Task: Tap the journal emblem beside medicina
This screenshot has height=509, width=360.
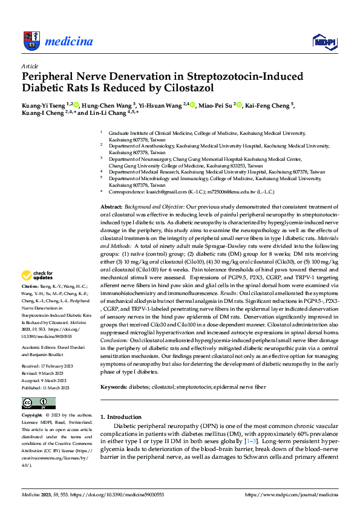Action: pyautogui.click(x=31, y=41)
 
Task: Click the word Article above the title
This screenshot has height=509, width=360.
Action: pyautogui.click(x=30, y=66)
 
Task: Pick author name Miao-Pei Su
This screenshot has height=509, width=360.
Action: pyautogui.click(x=215, y=105)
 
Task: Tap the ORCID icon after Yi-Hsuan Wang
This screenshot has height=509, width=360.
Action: pyautogui.click(x=192, y=105)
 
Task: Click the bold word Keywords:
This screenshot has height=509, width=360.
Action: pyautogui.click(x=114, y=386)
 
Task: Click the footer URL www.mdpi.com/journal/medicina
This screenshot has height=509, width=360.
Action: pyautogui.click(x=290, y=494)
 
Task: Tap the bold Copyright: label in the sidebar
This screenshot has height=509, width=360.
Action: pyautogui.click(x=32, y=416)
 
